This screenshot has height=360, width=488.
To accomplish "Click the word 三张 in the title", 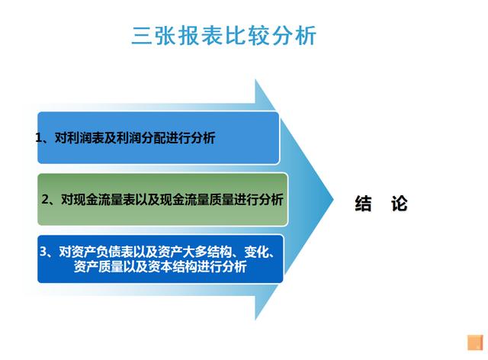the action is pyautogui.click(x=154, y=36).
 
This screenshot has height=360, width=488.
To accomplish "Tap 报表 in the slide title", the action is pyautogui.click(x=201, y=36).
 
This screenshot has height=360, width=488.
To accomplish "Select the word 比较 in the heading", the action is pyautogui.click(x=247, y=36).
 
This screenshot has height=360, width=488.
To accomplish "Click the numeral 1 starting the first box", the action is pyautogui.click(x=39, y=137).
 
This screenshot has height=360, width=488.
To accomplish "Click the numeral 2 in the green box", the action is pyautogui.click(x=46, y=199).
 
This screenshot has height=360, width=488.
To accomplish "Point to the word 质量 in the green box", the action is pyautogui.click(x=221, y=199).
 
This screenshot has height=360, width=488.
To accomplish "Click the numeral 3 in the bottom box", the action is pyautogui.click(x=43, y=252).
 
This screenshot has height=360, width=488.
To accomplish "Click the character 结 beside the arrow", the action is pyautogui.click(x=363, y=204).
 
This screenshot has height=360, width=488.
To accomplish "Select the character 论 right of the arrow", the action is pyautogui.click(x=400, y=204).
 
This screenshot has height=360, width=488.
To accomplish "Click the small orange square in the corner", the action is pyautogui.click(x=475, y=342).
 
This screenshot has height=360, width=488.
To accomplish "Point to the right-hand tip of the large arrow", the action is pyautogui.click(x=333, y=200).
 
